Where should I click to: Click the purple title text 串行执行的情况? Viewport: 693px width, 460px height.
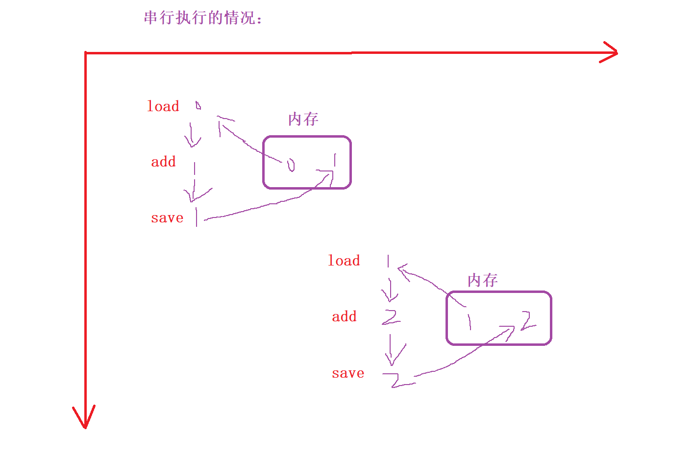pos(203,18)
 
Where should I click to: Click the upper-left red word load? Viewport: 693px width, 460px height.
pos(163,106)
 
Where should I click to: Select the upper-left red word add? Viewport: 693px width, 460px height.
pos(163,162)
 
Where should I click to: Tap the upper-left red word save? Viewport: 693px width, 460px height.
pos(167,218)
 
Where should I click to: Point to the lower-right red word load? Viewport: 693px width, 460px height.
pos(344,261)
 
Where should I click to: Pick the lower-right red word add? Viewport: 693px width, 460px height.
pos(344,316)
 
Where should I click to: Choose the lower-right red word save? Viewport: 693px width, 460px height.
pos(348,373)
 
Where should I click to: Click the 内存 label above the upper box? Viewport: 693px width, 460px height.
pos(303,119)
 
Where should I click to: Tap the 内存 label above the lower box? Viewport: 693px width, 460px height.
pos(483,280)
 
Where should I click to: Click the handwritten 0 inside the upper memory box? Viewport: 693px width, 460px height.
pos(291,165)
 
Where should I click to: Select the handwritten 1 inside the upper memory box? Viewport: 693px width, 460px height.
pos(335,160)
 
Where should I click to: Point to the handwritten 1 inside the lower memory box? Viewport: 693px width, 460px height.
pos(469,321)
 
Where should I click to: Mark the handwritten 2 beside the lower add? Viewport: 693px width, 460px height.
pos(391,317)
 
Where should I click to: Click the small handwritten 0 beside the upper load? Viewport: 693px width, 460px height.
pos(198,105)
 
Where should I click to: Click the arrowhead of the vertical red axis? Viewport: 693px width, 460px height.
pos(85,419)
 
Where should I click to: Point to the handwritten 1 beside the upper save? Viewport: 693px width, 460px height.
pos(197,217)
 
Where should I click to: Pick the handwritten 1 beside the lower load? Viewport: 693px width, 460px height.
pos(388,261)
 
